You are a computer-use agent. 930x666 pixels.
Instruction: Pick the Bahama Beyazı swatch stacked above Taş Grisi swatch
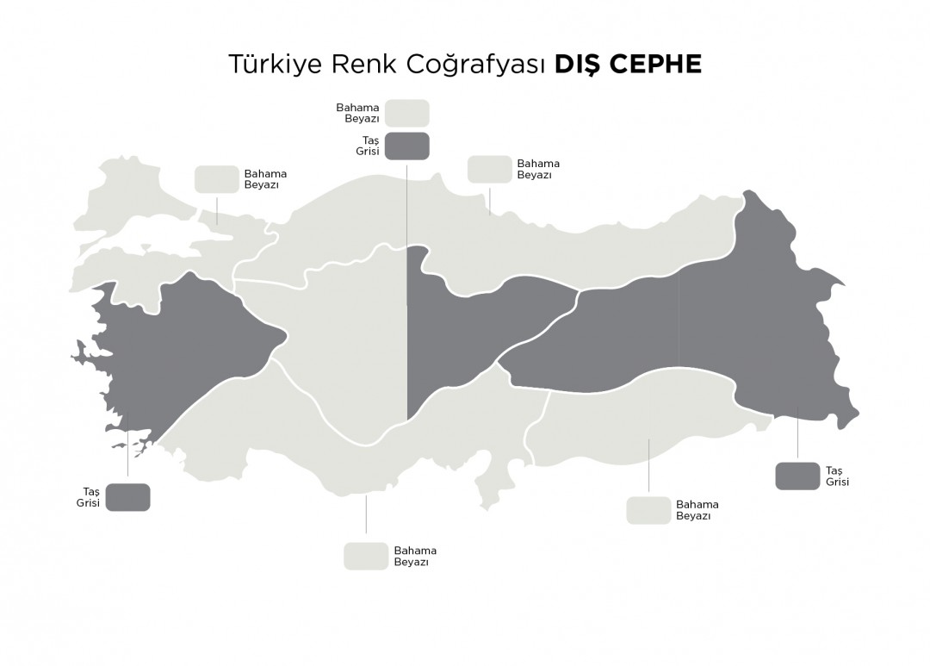point(406,114)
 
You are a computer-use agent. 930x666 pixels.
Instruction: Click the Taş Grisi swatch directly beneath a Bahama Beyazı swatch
point(406,146)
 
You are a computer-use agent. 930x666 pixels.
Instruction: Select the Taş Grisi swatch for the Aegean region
point(127,497)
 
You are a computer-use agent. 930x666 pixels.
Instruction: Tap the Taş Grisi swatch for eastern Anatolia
point(797,476)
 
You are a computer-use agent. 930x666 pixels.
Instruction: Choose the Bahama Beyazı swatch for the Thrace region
point(216,179)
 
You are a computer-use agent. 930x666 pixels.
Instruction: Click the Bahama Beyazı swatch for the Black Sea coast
point(489,169)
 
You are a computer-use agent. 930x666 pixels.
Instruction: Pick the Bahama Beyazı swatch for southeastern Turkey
point(648,510)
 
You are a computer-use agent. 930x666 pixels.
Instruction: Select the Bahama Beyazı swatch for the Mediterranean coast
point(366,556)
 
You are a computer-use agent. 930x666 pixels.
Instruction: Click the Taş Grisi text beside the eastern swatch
point(837,476)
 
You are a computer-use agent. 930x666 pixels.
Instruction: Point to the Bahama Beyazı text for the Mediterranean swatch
point(415,557)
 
